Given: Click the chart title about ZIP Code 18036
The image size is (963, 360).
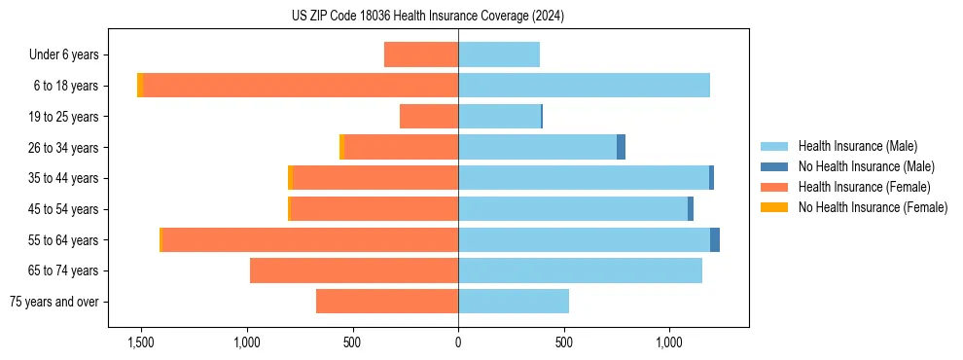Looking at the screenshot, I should (x=428, y=17).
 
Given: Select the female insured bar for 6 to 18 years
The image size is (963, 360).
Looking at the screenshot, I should (x=301, y=86).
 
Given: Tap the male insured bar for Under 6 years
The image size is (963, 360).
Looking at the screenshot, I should (x=499, y=54).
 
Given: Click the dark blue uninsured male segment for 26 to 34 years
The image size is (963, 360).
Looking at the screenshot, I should (x=622, y=147).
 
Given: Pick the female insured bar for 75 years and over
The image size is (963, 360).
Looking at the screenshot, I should (x=387, y=302).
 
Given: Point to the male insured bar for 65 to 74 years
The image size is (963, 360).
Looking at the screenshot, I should (x=580, y=270).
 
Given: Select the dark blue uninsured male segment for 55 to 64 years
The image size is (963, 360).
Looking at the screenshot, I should (x=715, y=240).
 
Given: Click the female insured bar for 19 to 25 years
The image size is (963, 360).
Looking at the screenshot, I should (x=429, y=117).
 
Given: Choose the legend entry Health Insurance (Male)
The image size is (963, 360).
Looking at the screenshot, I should (x=857, y=147).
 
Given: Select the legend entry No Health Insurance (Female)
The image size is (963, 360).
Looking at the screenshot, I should (x=873, y=206).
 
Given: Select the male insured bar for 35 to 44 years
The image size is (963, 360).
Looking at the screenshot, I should (x=584, y=178).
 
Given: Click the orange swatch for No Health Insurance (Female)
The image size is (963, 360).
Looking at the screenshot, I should (x=773, y=206).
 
